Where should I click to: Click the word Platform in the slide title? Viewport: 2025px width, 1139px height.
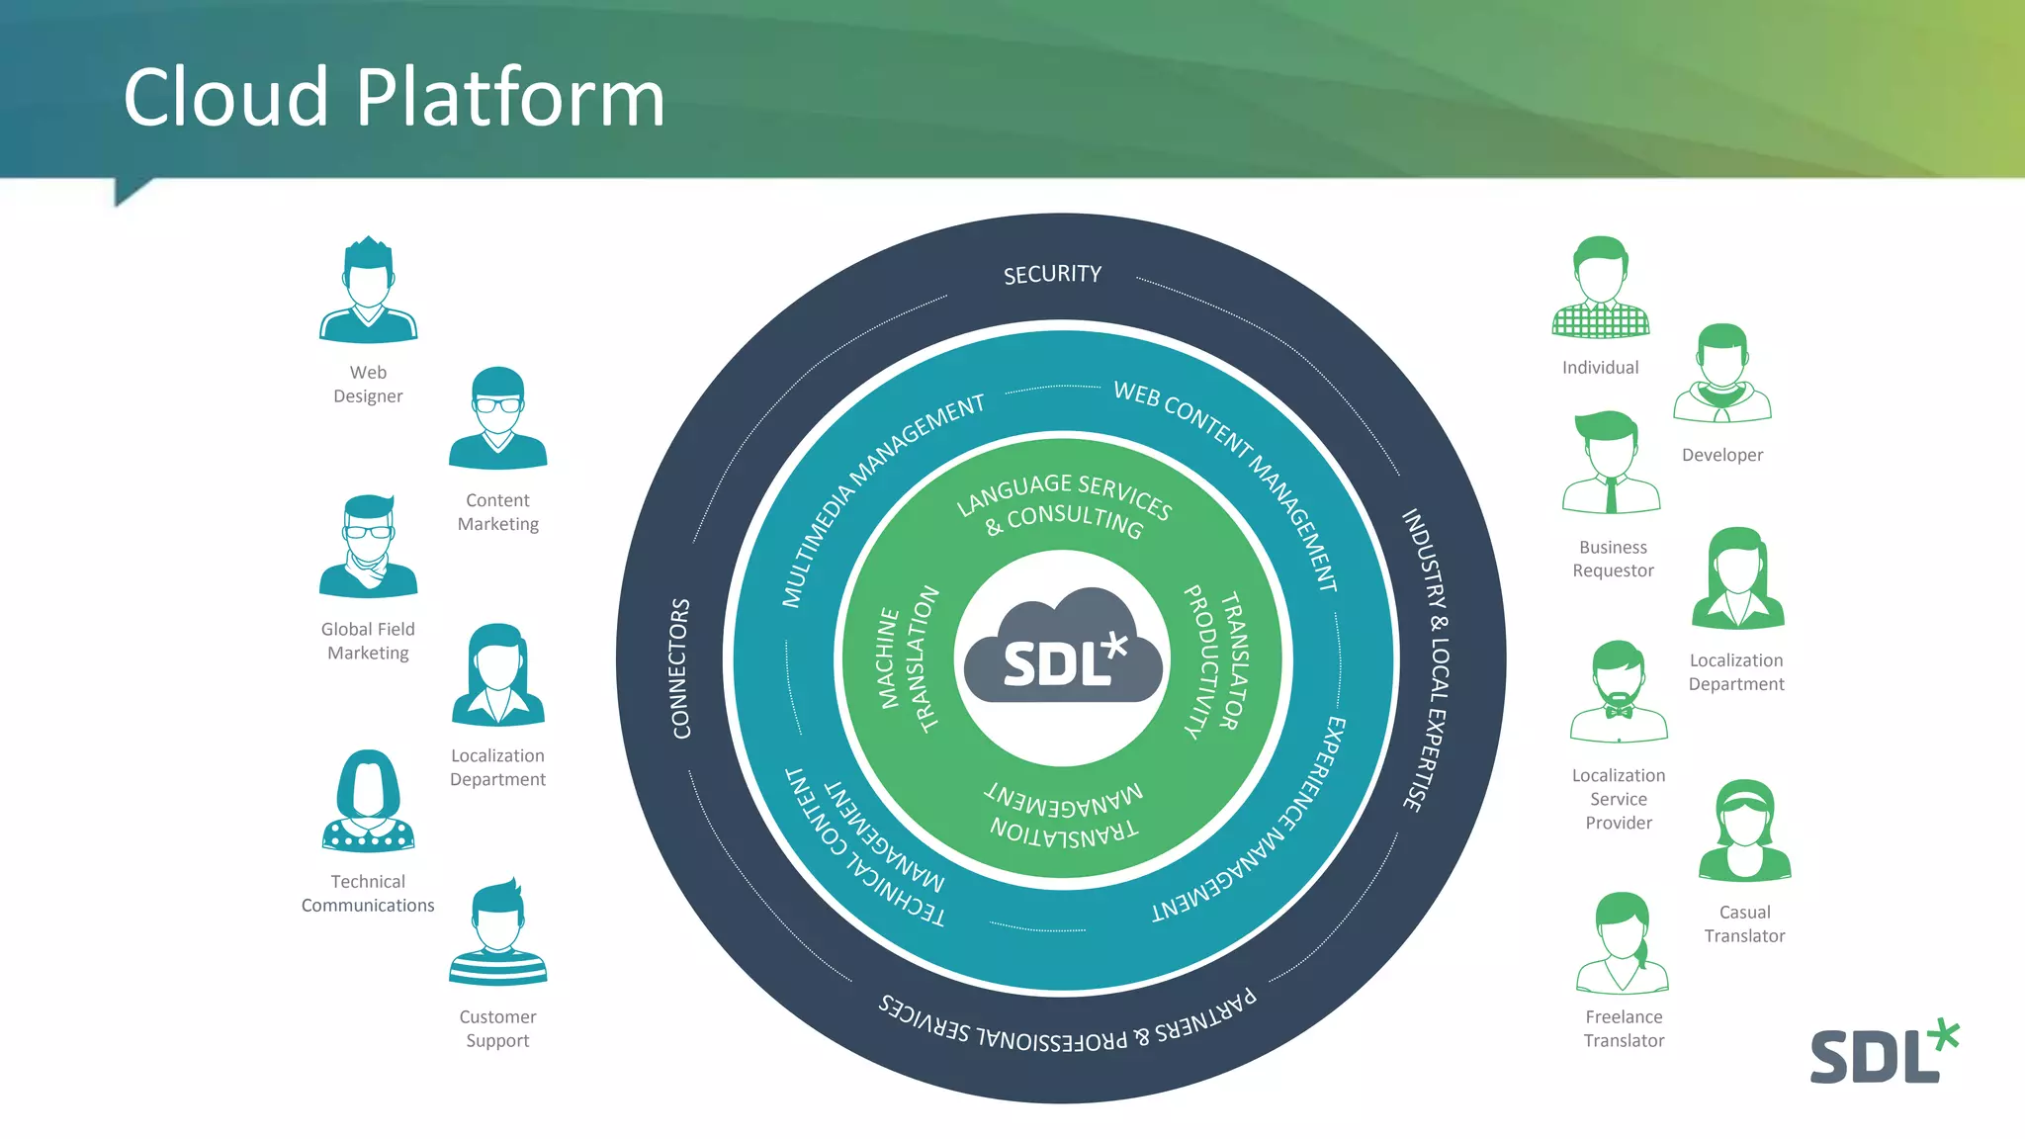509,99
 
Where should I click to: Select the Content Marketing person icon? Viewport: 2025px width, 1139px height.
497,418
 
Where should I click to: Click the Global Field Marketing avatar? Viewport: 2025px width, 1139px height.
368,547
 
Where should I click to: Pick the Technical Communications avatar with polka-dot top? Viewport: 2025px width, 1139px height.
368,801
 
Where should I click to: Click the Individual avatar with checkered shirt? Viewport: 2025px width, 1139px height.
1600,288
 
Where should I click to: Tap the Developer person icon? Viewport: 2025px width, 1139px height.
1721,374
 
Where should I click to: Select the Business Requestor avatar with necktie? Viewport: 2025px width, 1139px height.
1611,463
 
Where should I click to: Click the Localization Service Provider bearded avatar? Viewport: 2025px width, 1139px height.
1619,691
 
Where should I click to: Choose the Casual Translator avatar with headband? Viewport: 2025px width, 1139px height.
1744,831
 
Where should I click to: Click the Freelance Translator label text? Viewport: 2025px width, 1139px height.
1624,1028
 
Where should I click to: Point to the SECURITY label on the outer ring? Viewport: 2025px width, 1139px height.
1052,274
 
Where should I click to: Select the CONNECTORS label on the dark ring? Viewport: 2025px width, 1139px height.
680,668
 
